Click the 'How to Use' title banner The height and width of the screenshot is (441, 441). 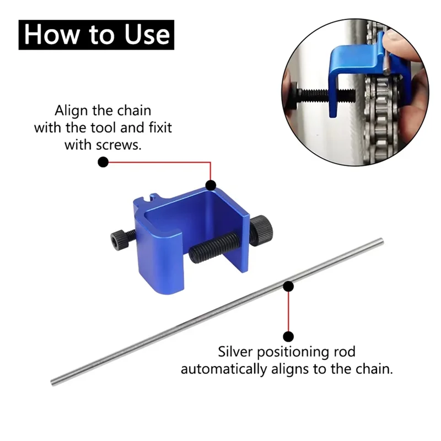point(96,35)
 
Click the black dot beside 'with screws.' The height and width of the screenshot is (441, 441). point(103,162)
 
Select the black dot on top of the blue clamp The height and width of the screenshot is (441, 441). point(211,185)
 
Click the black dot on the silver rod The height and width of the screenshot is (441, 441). point(288,286)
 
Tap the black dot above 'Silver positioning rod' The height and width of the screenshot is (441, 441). point(288,335)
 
